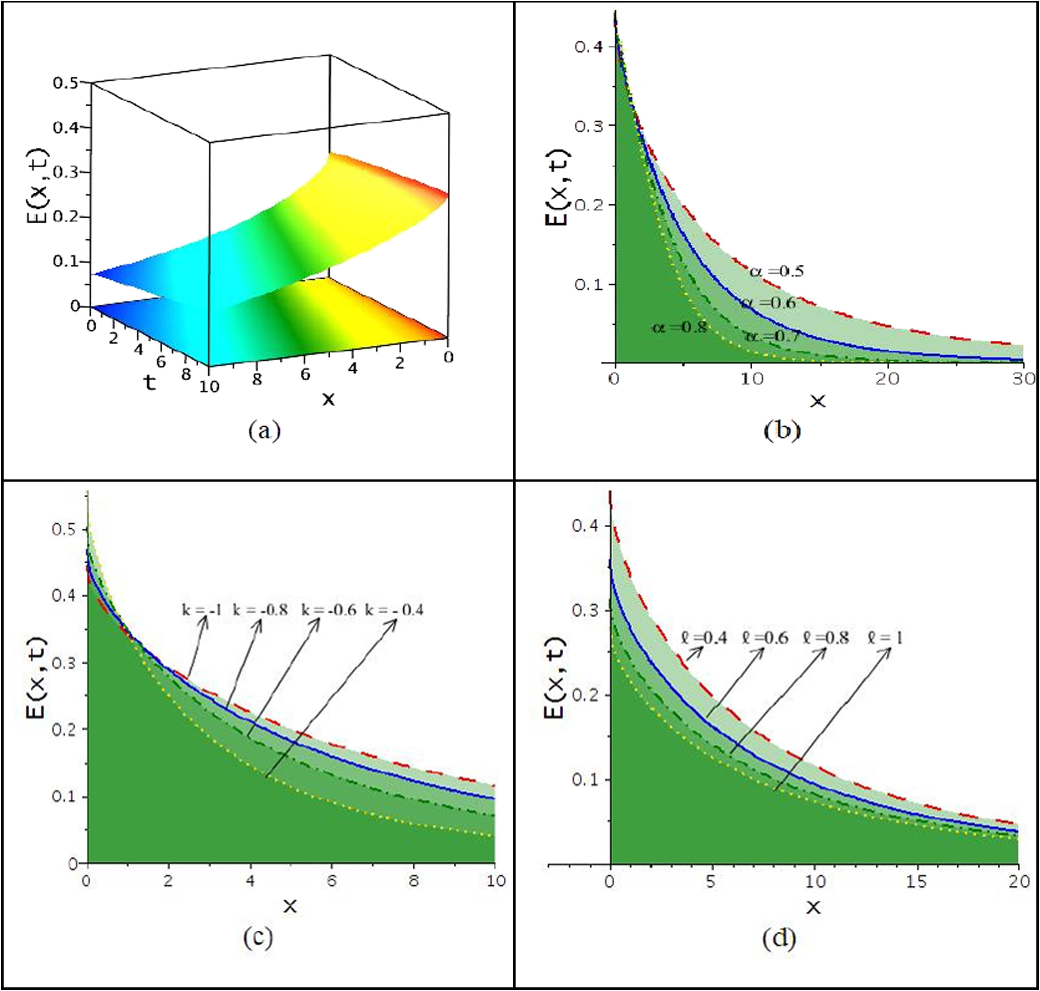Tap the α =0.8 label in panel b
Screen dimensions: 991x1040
(x=679, y=327)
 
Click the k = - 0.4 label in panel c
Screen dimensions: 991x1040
(x=395, y=610)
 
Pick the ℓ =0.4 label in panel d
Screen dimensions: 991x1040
(x=704, y=638)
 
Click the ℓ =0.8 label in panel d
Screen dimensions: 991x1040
(x=825, y=638)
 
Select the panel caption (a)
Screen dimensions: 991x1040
(x=264, y=431)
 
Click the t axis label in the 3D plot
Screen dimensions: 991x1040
(x=150, y=383)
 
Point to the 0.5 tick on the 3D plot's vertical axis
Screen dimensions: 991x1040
(x=66, y=83)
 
